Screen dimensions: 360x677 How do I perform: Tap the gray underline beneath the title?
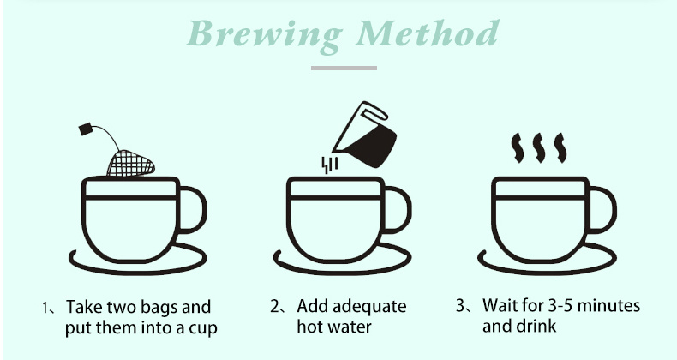(343, 67)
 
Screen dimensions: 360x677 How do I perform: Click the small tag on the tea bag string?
(87, 129)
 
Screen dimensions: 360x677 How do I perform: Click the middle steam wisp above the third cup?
(539, 147)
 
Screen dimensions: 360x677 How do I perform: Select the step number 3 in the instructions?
(461, 306)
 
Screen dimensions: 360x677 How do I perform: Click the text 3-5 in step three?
(557, 306)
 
